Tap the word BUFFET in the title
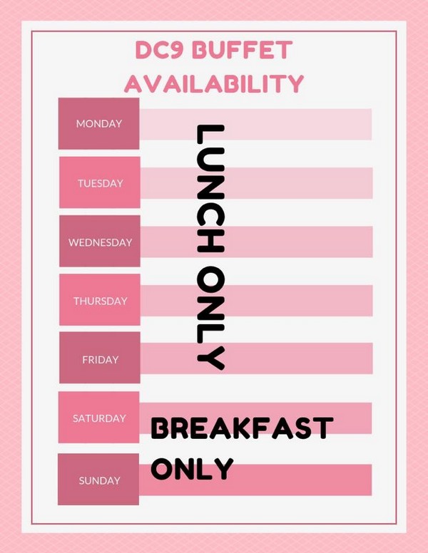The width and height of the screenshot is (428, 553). pos(244,50)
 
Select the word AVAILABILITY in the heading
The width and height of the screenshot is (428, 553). pos(214,83)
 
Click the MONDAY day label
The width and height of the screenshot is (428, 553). pos(99,124)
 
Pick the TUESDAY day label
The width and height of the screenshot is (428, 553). pos(101,183)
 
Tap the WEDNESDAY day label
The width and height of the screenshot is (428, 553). pos(101,242)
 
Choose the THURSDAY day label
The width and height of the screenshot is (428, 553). pos(101,301)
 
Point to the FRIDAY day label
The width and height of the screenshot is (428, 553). pos(101,360)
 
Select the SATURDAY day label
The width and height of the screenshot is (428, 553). pos(99,418)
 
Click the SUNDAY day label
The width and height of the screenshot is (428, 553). pos(99,481)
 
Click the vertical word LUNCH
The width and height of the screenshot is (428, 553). pos(210,188)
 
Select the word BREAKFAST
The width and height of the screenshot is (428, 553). pos(243,428)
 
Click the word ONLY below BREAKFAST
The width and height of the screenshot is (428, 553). pos(193,468)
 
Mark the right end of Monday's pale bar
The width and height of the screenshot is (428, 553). pos(372,125)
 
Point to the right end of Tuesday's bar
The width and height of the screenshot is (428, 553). pos(372,183)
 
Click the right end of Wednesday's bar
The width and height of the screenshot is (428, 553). pos(372,242)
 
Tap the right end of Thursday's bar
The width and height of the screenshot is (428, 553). pos(372,301)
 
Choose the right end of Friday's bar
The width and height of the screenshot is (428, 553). pos(372,358)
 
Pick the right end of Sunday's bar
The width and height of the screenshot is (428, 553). pos(372,480)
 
